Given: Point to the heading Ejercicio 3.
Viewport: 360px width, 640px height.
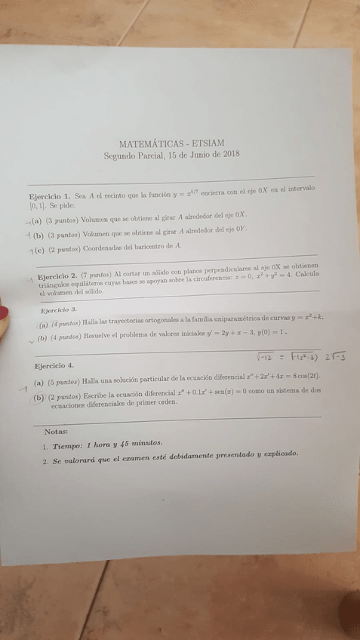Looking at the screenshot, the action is (59, 310).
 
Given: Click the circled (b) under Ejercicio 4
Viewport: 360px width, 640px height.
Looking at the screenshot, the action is (38, 398).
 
